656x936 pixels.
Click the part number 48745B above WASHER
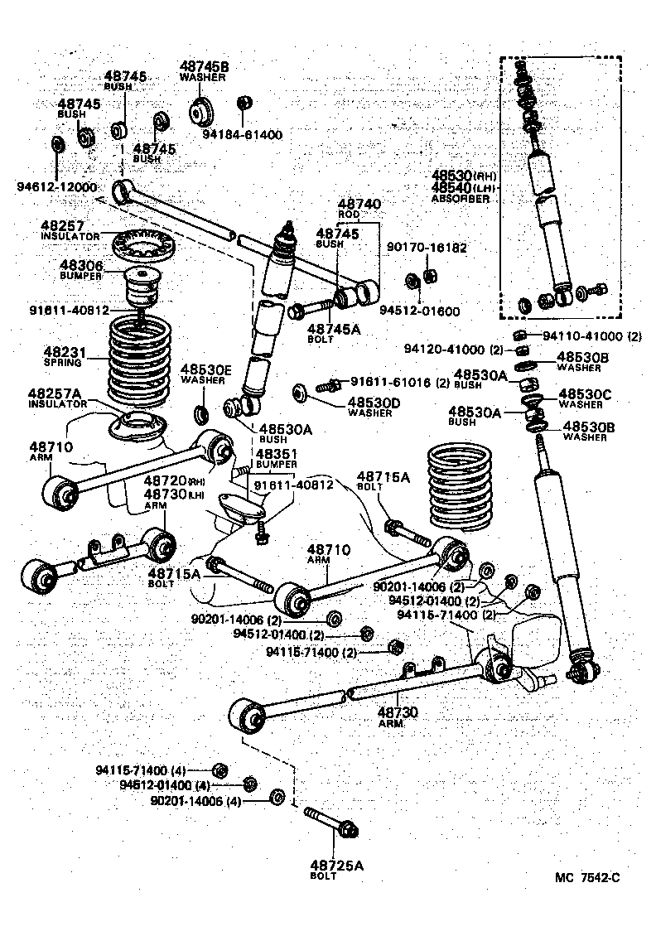[204, 66]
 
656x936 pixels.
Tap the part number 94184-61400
[243, 134]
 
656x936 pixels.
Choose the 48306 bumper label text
[80, 265]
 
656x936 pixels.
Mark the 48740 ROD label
[359, 204]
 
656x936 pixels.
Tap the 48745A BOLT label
[338, 329]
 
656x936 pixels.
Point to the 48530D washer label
[373, 403]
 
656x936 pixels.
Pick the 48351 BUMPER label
[277, 455]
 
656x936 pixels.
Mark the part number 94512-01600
[419, 311]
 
